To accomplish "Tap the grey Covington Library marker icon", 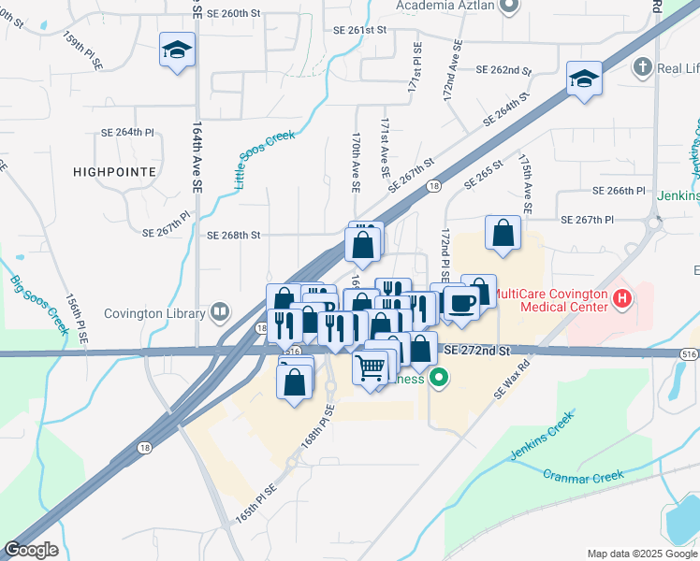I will tap(220, 311).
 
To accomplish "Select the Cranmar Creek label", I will tap(581, 477).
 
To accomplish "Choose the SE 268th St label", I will tap(233, 235).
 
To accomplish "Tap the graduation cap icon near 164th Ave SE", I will tap(176, 50).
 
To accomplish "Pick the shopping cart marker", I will tap(371, 367).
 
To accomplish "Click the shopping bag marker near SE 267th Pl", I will tap(503, 234).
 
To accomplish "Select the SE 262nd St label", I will tap(503, 70).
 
